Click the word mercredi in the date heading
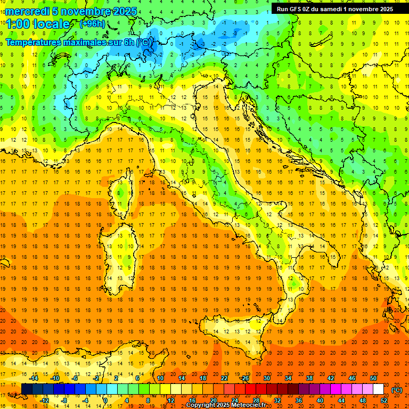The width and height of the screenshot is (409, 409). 28,11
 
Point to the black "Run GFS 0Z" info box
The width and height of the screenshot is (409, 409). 334,9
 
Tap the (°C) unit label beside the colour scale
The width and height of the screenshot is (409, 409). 397,390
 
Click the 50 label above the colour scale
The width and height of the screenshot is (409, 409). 373,378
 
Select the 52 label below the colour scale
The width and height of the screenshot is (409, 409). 383,400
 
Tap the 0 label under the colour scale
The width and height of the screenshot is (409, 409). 105,400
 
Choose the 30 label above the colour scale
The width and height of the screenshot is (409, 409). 266,378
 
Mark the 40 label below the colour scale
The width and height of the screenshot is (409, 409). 320,400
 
